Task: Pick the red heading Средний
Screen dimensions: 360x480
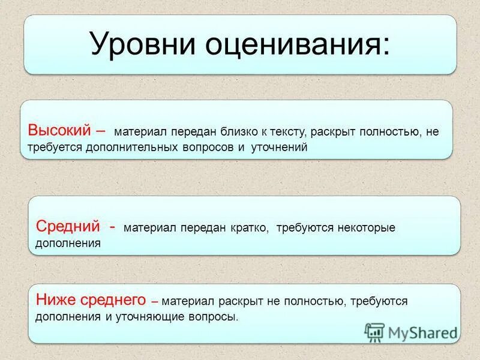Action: (67, 227)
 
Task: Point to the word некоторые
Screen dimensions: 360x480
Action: (365, 229)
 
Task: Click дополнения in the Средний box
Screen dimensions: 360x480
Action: (68, 244)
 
